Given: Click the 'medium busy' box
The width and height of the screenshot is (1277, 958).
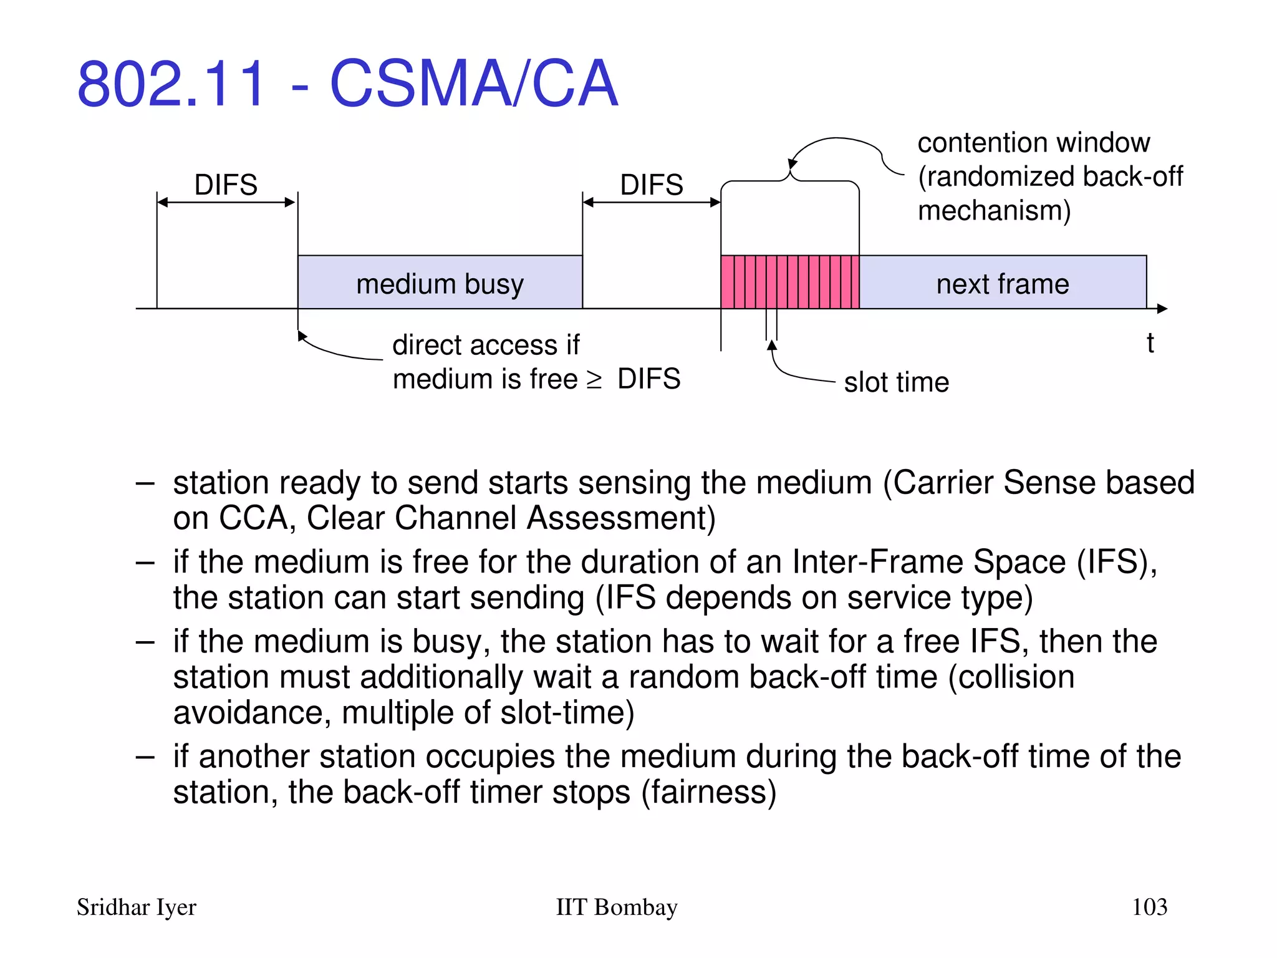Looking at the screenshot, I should click(440, 283).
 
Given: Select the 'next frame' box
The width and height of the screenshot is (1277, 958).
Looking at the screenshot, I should click(1002, 283).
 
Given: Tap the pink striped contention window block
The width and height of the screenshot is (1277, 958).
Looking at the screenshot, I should click(789, 282).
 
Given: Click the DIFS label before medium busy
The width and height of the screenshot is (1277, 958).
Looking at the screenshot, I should click(226, 185).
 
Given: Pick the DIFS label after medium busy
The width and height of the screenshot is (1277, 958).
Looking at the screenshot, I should click(652, 185).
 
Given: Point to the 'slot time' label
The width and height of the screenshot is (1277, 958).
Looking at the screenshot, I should click(896, 382).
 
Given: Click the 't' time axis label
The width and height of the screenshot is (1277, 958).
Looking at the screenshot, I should click(1150, 343).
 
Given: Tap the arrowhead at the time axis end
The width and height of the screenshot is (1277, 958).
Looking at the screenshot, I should click(1162, 308).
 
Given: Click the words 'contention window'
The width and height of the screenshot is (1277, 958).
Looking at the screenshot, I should click(1033, 143).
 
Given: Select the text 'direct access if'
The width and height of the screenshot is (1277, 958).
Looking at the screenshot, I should click(486, 345).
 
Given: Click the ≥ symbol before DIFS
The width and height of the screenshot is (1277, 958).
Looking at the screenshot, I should click(594, 379).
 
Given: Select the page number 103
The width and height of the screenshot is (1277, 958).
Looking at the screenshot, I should click(1149, 906).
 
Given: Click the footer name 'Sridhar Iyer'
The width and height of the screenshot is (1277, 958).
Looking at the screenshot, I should click(136, 907).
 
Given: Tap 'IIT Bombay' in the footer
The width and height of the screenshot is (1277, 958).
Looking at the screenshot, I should click(616, 907).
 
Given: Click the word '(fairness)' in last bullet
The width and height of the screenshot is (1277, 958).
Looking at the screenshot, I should click(709, 792).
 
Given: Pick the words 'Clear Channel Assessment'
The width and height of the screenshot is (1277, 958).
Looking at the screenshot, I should click(510, 518).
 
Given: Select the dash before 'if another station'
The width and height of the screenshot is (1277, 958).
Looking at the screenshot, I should click(145, 757).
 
